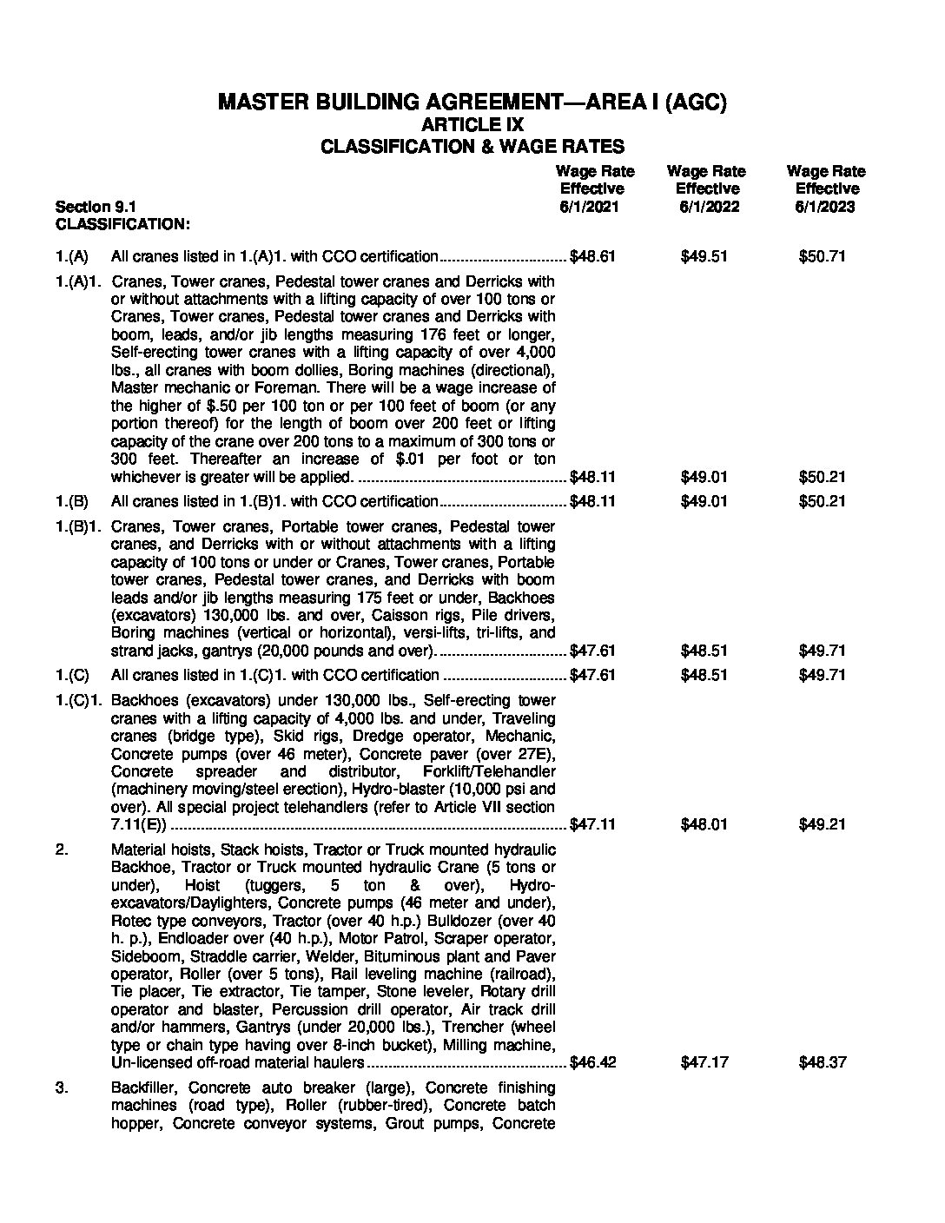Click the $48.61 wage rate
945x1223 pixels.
point(592,256)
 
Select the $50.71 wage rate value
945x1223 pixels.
point(822,256)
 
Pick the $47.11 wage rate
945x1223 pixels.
point(592,824)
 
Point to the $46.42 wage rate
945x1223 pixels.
point(592,1062)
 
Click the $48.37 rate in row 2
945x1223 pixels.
point(822,1062)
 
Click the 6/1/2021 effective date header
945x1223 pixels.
point(591,207)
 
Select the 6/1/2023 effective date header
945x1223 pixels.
point(825,207)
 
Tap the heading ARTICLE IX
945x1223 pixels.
point(472,125)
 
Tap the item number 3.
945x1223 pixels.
point(62,1087)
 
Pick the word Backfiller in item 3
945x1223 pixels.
point(145,1087)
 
